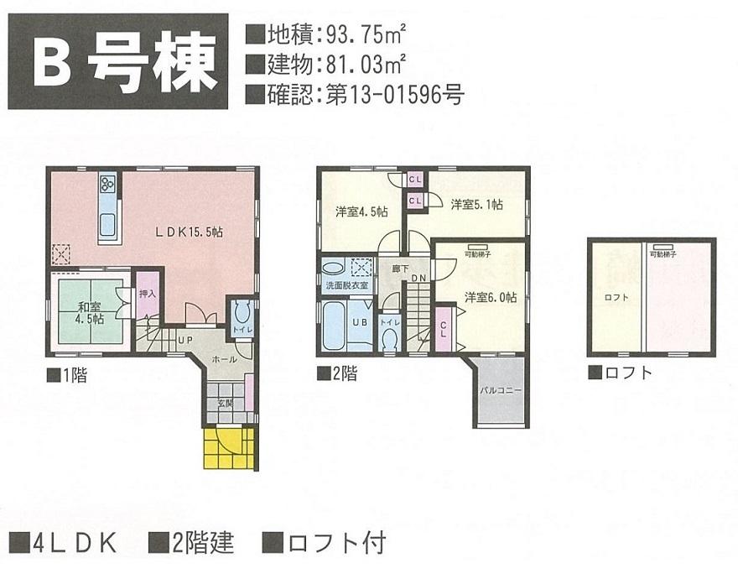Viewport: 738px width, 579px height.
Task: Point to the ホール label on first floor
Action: (x=224, y=358)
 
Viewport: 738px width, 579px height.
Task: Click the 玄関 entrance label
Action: (x=226, y=404)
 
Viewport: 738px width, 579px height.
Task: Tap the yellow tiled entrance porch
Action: (x=228, y=450)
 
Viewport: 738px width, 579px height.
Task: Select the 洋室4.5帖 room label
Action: (x=361, y=211)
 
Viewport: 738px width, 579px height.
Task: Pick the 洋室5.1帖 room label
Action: (x=476, y=204)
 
